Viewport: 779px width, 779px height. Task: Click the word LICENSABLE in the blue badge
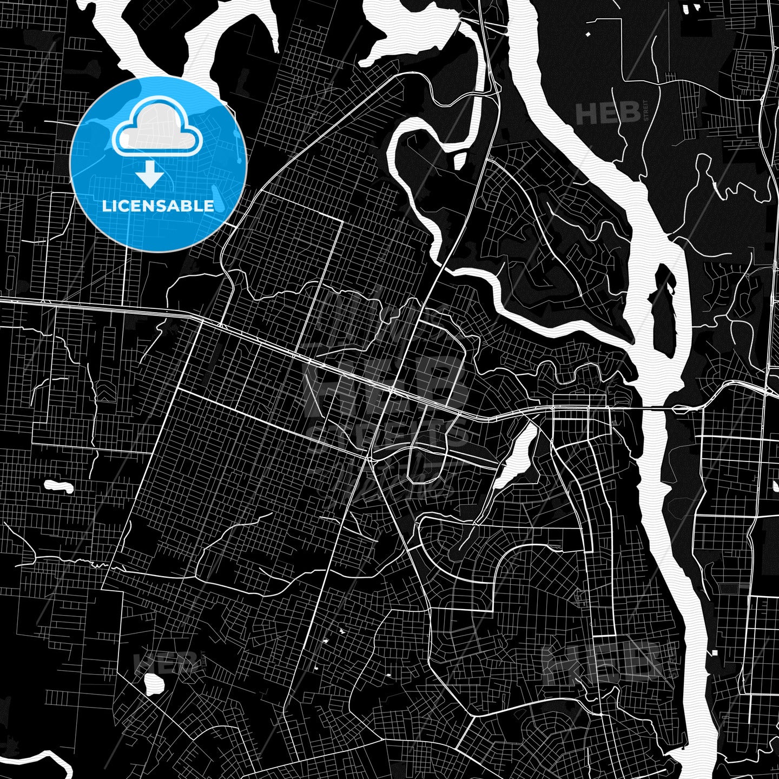point(158,206)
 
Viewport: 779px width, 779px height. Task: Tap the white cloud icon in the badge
point(157,130)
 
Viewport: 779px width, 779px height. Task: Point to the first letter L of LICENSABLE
point(105,206)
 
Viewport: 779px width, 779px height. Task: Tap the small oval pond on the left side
point(58,486)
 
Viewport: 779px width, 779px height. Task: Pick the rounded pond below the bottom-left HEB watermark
point(154,684)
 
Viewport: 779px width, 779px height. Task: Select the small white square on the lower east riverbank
point(714,653)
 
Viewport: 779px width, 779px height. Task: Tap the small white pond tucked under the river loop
point(459,161)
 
